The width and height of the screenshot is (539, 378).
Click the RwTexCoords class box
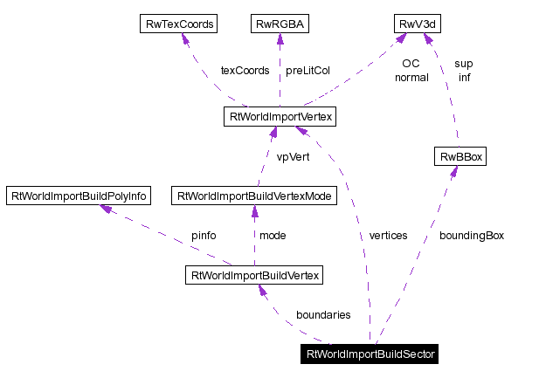pos(178,24)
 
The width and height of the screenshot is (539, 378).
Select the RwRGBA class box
pos(278,24)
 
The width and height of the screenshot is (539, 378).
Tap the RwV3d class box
pos(417,24)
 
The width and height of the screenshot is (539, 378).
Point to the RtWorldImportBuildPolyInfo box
pos(78,196)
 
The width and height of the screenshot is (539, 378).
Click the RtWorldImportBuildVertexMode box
pos(254,196)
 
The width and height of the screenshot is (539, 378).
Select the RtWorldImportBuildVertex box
pos(254,276)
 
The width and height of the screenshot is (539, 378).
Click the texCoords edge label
pos(245,70)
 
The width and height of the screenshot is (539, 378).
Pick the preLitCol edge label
pos(308,70)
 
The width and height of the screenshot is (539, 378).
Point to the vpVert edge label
pos(293,157)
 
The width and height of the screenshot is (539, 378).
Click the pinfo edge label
pos(204,236)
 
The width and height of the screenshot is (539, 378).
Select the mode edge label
pos(273,236)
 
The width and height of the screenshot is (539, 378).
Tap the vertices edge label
pos(388,236)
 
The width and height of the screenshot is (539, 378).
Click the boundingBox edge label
pos(471,236)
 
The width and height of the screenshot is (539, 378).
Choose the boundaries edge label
pos(323,314)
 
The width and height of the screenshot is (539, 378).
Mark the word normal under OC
pos(411,77)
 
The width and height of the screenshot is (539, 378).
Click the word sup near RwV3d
pos(464,64)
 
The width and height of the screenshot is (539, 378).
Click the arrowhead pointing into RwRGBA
pos(279,39)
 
